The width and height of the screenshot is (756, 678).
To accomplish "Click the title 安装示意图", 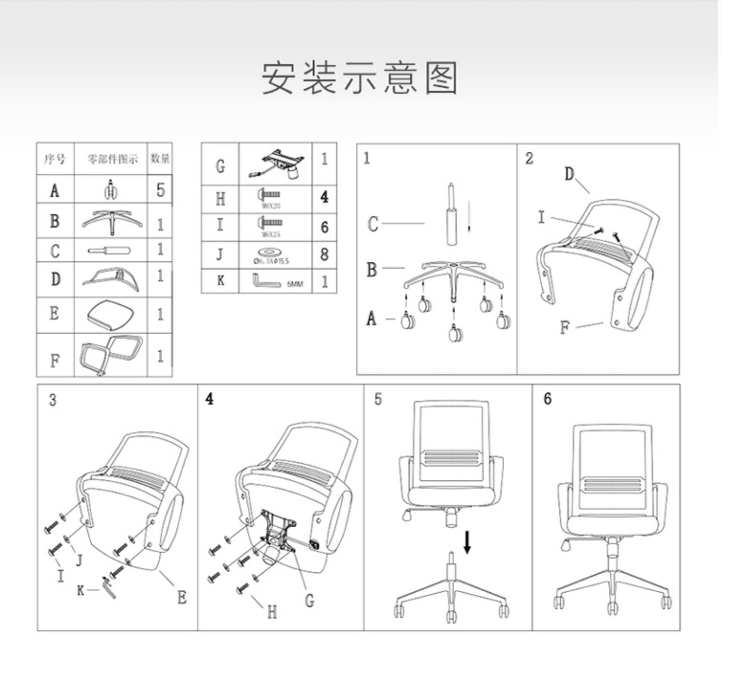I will pyautogui.click(x=359, y=78).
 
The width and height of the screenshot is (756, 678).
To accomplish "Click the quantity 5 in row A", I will pyautogui.click(x=160, y=190).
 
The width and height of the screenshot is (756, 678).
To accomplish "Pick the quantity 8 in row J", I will pyautogui.click(x=325, y=254).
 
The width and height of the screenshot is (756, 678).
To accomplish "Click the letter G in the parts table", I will pyautogui.click(x=220, y=165).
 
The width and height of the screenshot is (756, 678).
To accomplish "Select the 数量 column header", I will pyautogui.click(x=160, y=159).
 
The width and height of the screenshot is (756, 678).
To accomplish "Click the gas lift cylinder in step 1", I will pyautogui.click(x=452, y=217).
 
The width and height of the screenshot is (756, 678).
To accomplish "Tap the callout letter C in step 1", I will pyautogui.click(x=372, y=224).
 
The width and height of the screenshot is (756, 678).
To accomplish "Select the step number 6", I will pyautogui.click(x=547, y=399).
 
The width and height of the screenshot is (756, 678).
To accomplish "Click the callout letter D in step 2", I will pyautogui.click(x=569, y=174).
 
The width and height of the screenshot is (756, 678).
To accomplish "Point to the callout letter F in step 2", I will pyautogui.click(x=564, y=328).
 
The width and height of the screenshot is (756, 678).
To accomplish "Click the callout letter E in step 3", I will pyautogui.click(x=182, y=597).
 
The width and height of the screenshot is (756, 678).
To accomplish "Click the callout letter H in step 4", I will pyautogui.click(x=272, y=612).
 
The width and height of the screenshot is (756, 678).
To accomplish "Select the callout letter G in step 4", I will pyautogui.click(x=309, y=600).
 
